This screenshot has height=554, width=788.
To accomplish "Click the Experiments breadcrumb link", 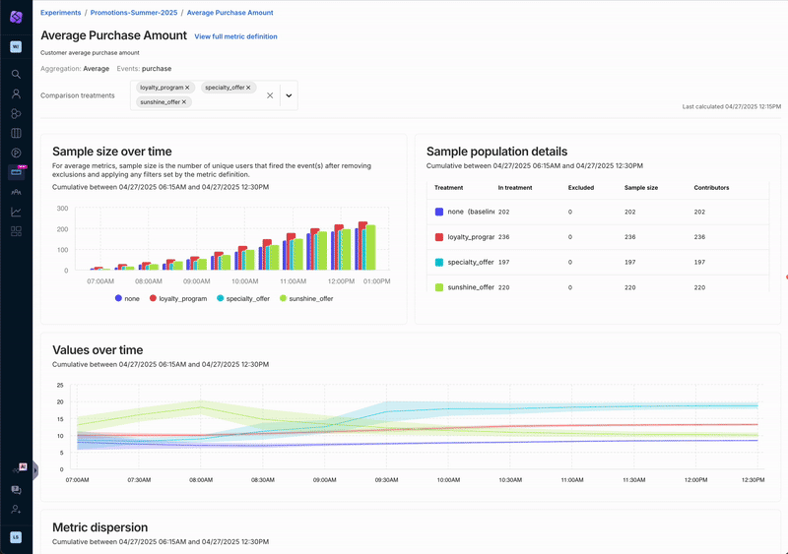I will point(61,13).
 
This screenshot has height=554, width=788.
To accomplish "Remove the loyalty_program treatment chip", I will point(188,88).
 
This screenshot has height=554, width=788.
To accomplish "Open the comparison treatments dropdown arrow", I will point(289,95).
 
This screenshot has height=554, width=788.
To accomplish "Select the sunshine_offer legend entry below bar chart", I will point(306,298).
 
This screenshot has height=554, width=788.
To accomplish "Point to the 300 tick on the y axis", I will point(62,209).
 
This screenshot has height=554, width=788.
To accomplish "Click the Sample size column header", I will point(643,187).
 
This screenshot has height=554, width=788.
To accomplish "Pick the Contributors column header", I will point(711,187).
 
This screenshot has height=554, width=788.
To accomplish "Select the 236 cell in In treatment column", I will point(504,237).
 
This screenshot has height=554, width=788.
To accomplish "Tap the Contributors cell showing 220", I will point(701,287).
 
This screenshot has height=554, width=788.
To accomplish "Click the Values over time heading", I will point(98,350).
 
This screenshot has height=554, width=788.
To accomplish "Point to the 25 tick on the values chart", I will point(60,385).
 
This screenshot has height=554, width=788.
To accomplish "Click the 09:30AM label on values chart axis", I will point(387,480).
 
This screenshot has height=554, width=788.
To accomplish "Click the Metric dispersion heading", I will point(99,527).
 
